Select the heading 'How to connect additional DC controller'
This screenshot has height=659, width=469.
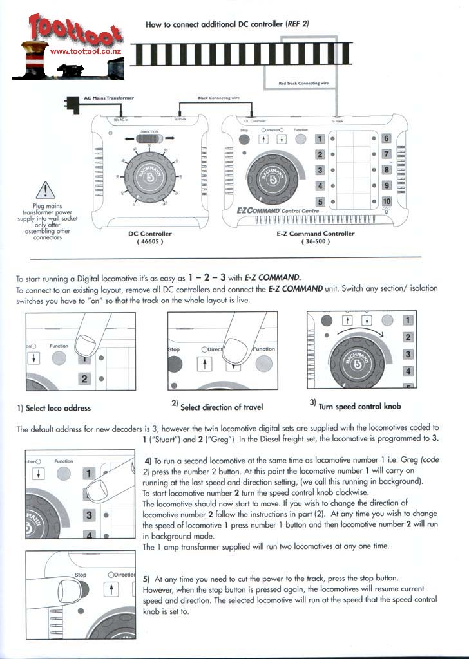227,24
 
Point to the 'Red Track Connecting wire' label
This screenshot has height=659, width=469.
303,83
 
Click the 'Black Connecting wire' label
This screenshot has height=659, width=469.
218,98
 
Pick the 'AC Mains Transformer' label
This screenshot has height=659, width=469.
109,98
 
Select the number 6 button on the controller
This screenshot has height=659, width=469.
386,138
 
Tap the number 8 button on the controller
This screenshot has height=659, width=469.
386,170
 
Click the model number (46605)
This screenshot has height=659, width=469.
149,242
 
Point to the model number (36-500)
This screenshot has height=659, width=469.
311,242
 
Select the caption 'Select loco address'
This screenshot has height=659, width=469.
54,407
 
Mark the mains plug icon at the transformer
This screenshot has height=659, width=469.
70,102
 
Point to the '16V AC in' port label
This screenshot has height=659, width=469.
121,120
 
